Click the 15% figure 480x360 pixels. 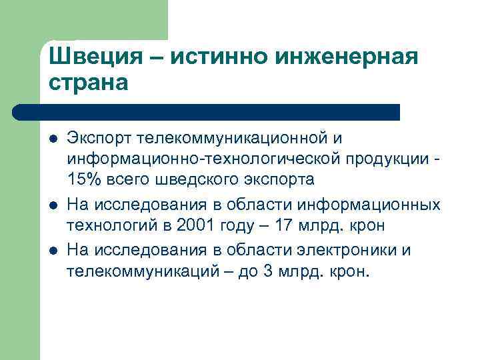coord(82,180)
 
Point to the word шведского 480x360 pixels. coord(189,180)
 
